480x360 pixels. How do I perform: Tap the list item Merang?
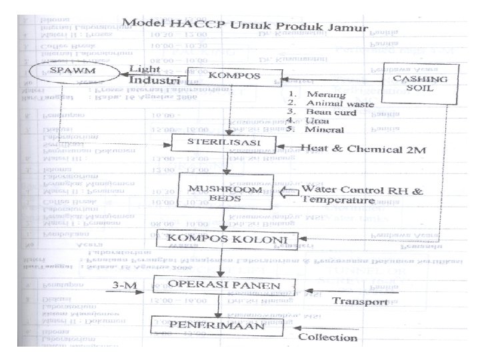(x=321, y=95)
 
